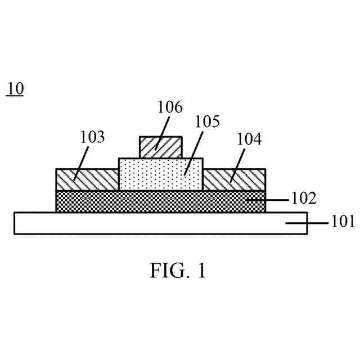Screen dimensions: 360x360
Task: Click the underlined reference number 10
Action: [15, 89]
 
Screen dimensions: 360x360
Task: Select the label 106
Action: [170, 107]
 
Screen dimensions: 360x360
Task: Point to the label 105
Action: [208, 121]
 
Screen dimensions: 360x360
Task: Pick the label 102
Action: [304, 199]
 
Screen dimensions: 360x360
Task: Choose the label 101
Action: [342, 223]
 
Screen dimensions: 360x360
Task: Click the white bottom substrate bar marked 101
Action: [112, 223]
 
